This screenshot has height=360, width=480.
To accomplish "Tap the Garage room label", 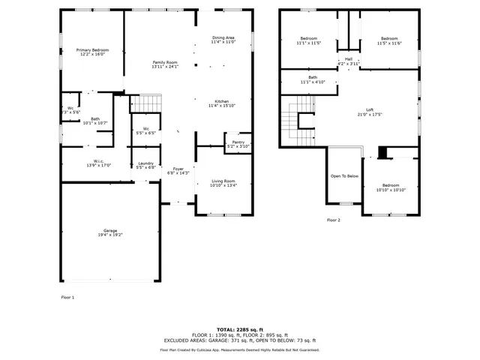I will click(110, 230).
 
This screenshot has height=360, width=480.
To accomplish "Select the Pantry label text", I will click(238, 142).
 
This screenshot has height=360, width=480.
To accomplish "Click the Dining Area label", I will click(223, 37).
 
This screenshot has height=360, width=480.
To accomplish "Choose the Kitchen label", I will click(222, 101).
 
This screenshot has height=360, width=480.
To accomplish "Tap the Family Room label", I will click(165, 62).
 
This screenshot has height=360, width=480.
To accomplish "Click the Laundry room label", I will click(146, 163).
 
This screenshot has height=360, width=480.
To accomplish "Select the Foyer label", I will click(178, 169).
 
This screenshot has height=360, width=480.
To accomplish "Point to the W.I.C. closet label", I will click(99, 160).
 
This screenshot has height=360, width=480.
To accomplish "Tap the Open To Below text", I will click(344, 176).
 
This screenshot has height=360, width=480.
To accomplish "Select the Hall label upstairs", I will click(349, 58).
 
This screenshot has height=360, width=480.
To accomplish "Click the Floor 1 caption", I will click(67, 298).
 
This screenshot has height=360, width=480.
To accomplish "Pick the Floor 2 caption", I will click(333, 220).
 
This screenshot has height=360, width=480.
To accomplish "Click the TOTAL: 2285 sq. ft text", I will click(239, 329).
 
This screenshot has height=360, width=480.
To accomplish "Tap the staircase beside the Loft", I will click(291, 116).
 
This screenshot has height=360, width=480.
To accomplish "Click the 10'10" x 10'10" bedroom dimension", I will click(391, 190).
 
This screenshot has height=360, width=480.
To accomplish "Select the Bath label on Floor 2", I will click(312, 77).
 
